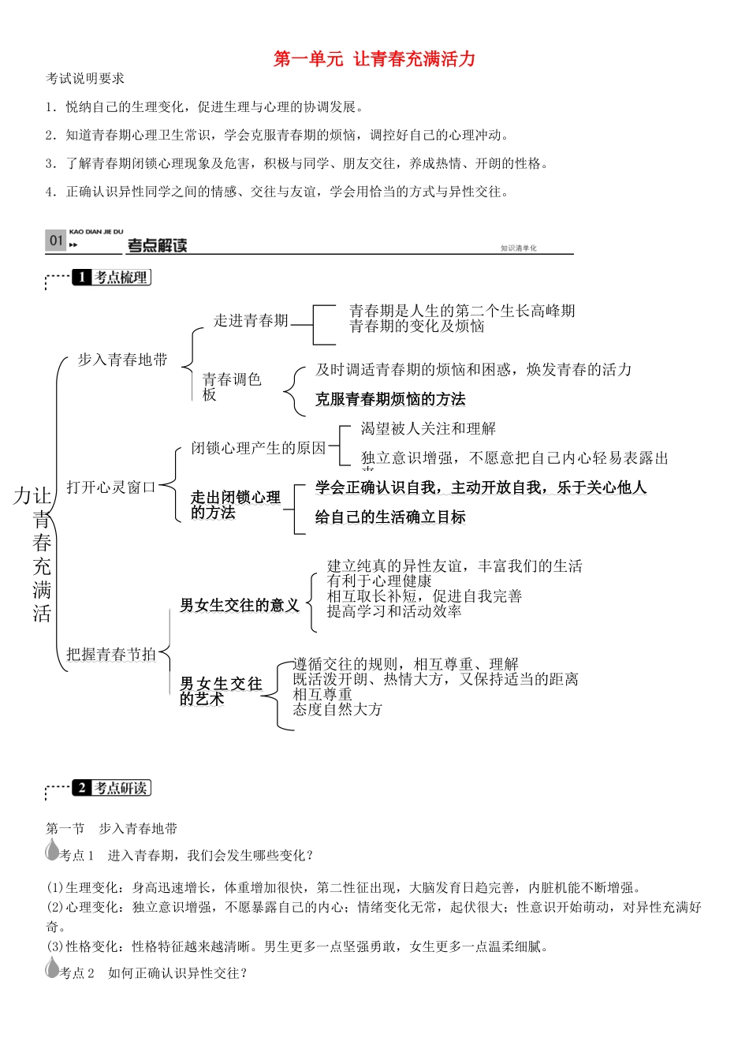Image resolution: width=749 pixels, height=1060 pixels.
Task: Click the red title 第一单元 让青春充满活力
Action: pyautogui.click(x=374, y=59)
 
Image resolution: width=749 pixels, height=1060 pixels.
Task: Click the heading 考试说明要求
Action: pyautogui.click(x=85, y=79)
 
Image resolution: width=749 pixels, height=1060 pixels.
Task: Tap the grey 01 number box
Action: pyautogui.click(x=56, y=241)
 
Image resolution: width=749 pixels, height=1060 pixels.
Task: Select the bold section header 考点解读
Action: pyautogui.click(x=158, y=245)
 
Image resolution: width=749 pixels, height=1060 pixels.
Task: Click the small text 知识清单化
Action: pyautogui.click(x=518, y=248)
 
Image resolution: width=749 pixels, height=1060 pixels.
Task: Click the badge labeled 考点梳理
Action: pyautogui.click(x=111, y=278)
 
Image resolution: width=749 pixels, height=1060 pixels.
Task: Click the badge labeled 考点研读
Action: pyautogui.click(x=111, y=788)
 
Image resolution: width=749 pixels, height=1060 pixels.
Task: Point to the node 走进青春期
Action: pyautogui.click(x=251, y=320)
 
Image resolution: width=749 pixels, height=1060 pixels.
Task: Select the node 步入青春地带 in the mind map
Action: pyautogui.click(x=122, y=360)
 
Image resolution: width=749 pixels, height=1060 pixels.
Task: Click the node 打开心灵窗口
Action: pyautogui.click(x=110, y=487)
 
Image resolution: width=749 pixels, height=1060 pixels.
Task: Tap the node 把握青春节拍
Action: pyautogui.click(x=110, y=654)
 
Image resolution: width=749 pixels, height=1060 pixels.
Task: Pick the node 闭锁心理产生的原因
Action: pyautogui.click(x=258, y=448)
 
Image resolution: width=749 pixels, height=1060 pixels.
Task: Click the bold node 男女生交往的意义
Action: pyautogui.click(x=239, y=605)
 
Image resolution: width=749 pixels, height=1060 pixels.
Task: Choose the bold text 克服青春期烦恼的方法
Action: pyautogui.click(x=390, y=399)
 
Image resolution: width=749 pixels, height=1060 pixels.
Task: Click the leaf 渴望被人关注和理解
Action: pyautogui.click(x=428, y=428)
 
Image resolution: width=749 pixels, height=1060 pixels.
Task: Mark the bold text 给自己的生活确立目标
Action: pyautogui.click(x=390, y=517)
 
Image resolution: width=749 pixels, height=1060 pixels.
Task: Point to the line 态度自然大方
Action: pyautogui.click(x=337, y=709)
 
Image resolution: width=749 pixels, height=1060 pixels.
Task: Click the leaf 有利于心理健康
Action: pyautogui.click(x=379, y=581)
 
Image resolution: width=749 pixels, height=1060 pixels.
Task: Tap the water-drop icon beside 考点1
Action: pyautogui.click(x=53, y=851)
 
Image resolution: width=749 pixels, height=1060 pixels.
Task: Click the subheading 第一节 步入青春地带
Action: pyautogui.click(x=111, y=828)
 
